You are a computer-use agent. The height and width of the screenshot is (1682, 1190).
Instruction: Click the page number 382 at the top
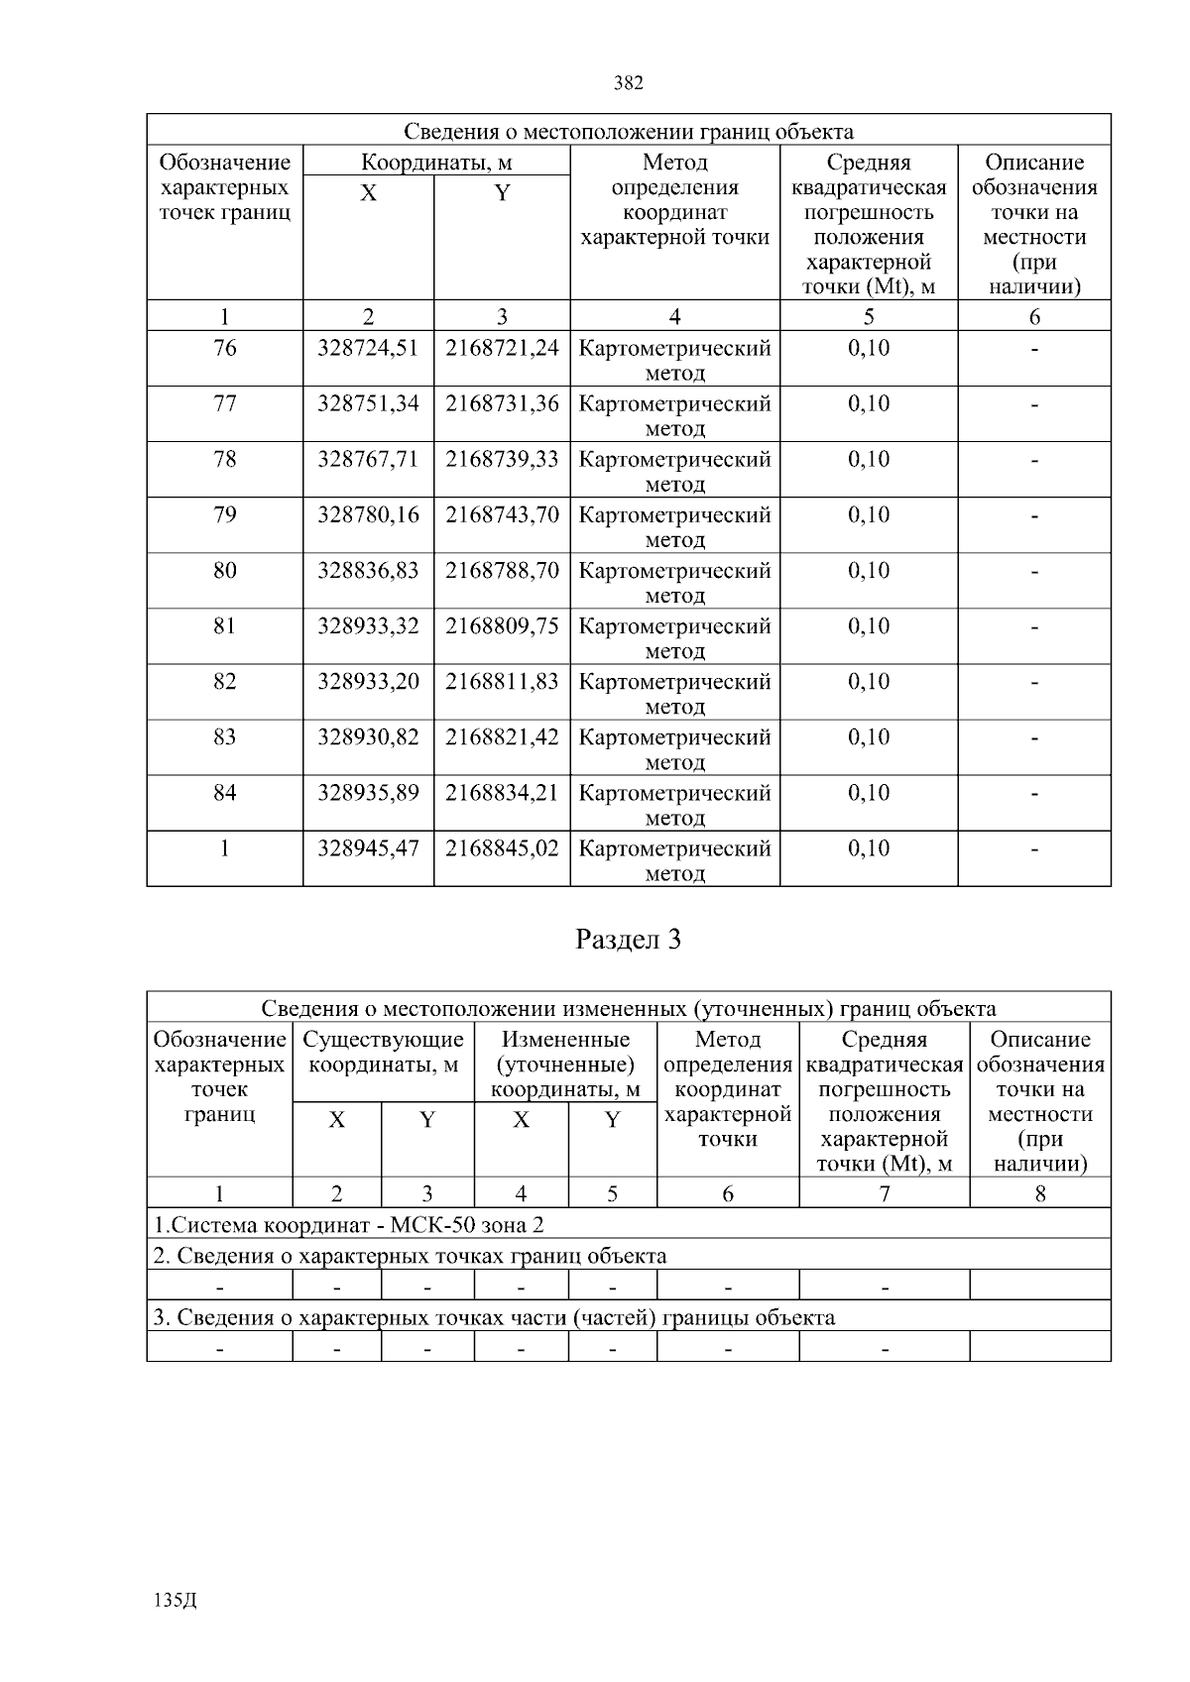(x=629, y=83)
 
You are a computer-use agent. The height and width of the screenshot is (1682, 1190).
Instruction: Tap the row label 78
(x=225, y=460)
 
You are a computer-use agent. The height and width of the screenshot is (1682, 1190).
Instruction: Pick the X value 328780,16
(x=368, y=515)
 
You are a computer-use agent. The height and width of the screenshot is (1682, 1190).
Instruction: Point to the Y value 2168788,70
(x=502, y=571)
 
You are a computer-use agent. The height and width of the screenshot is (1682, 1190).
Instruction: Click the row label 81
(x=225, y=626)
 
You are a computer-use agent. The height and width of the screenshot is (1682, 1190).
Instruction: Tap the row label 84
(x=225, y=793)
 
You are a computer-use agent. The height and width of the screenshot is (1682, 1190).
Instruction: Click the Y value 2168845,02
(x=502, y=848)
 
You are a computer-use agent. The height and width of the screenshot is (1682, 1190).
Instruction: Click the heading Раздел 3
(x=628, y=940)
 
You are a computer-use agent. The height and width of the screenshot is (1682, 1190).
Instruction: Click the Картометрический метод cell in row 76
(x=674, y=361)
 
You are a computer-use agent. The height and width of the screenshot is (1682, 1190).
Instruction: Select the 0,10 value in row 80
(x=869, y=571)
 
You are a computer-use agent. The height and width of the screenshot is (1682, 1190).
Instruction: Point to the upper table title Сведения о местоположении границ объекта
(x=628, y=132)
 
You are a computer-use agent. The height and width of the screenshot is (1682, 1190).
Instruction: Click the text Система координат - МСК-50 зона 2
(x=348, y=1225)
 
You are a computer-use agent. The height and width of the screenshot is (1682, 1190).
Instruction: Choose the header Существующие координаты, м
(x=383, y=1053)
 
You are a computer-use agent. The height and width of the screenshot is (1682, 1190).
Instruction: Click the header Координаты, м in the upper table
(x=435, y=163)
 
